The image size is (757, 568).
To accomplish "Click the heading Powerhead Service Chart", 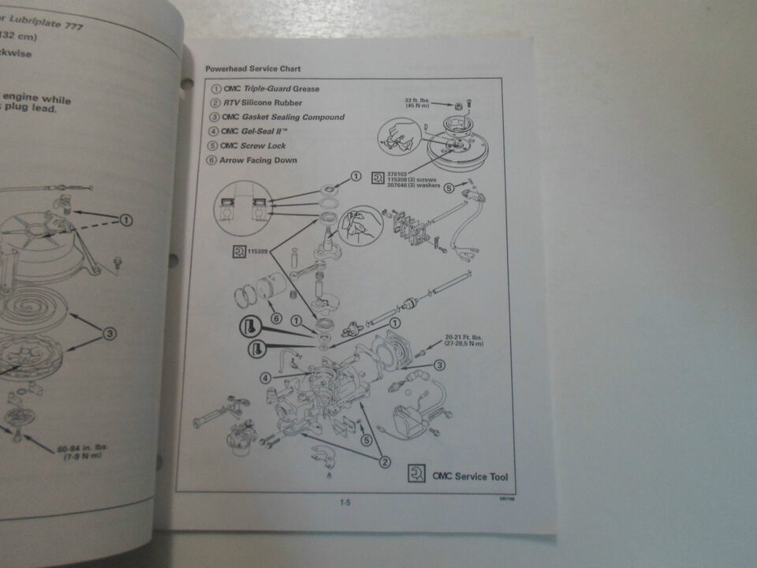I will click(252, 69).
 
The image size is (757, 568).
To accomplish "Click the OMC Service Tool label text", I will click(470, 476).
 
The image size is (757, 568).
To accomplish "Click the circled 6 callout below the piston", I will click(276, 318).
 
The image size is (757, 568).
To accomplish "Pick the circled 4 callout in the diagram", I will click(267, 378).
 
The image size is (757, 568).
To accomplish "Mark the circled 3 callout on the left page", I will click(110, 332).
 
